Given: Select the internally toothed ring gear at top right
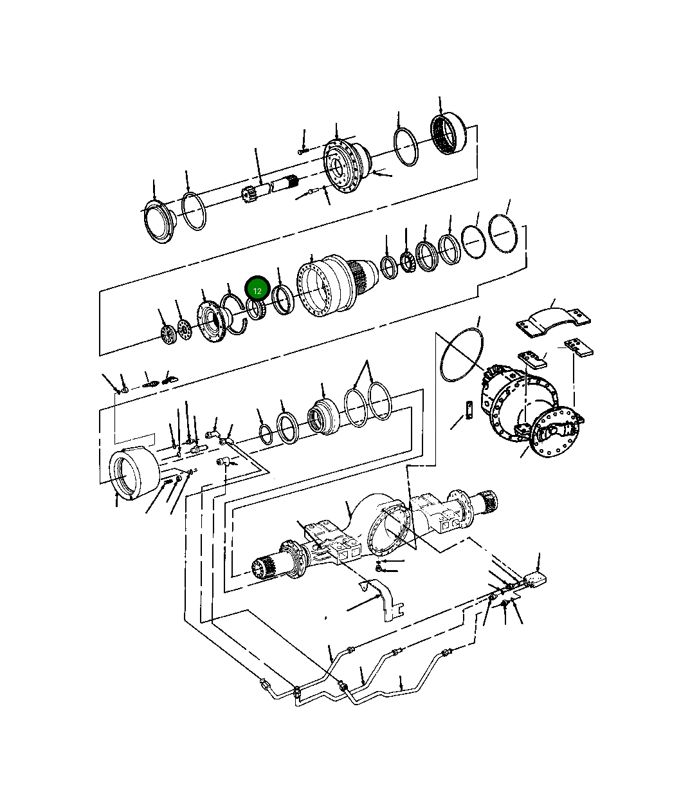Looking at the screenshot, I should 448,134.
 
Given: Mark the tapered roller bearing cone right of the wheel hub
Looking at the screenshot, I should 406,261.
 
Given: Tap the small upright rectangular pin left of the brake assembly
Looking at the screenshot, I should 470,409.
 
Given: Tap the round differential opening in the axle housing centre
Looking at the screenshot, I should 391,530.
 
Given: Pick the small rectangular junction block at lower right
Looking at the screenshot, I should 534,579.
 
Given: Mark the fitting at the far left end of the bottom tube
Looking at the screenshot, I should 264,683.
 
